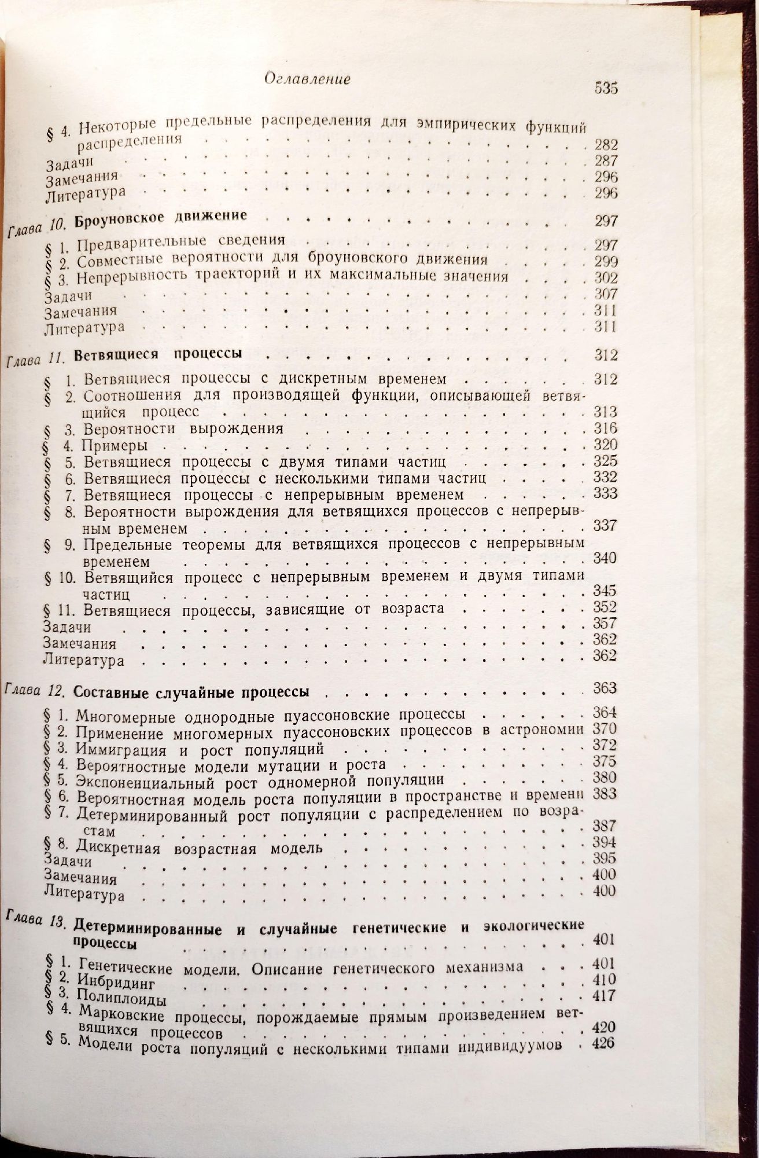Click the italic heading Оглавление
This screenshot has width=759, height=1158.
(x=307, y=79)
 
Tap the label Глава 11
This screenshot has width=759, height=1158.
(x=34, y=360)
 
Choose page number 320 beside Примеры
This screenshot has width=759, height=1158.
(x=606, y=445)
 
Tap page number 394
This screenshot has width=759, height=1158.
(x=605, y=842)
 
